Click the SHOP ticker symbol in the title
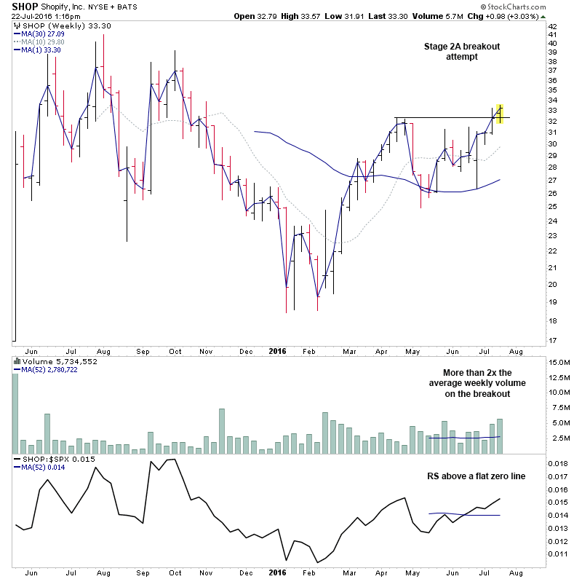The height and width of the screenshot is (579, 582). point(24,6)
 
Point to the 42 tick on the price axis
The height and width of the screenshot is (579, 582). point(552,27)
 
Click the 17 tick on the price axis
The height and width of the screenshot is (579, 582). point(552,340)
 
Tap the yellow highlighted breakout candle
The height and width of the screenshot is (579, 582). point(500,113)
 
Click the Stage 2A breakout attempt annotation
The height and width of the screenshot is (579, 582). point(462,51)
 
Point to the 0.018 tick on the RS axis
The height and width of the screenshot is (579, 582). point(557,463)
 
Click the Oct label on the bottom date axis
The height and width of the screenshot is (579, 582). point(175,350)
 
